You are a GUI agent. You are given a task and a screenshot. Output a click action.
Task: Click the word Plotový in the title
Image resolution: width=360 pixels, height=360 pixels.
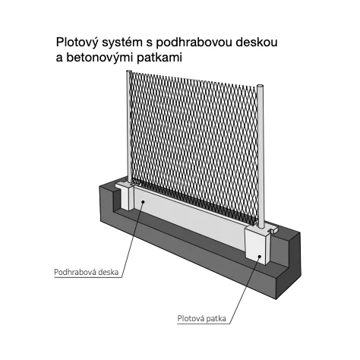pyautogui.click(x=77, y=43)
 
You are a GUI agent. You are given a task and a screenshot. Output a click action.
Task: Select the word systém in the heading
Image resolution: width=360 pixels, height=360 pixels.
pyautogui.click(x=124, y=43)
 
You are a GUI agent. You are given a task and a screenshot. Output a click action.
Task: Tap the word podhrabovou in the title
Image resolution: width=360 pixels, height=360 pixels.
pyautogui.click(x=194, y=42)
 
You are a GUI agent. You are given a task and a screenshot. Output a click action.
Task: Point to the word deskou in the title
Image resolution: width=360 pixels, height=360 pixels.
pyautogui.click(x=257, y=42)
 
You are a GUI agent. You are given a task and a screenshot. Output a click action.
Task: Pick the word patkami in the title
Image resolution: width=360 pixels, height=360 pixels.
pyautogui.click(x=159, y=58)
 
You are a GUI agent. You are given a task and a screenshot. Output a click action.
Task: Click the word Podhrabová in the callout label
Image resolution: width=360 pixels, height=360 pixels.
pyautogui.click(x=75, y=272)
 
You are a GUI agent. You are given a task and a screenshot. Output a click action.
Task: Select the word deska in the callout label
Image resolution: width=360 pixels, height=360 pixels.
pyautogui.click(x=109, y=272)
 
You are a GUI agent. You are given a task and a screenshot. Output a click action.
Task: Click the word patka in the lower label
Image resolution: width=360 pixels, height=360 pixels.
pyautogui.click(x=216, y=318)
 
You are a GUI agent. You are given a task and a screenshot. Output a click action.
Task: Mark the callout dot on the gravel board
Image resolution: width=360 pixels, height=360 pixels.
pyautogui.click(x=143, y=202)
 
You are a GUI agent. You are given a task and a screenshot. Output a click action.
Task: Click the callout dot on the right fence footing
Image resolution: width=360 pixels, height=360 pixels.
pyautogui.click(x=260, y=257)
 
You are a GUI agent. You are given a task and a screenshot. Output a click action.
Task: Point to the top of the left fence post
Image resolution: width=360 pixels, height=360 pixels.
pyautogui.click(x=129, y=71)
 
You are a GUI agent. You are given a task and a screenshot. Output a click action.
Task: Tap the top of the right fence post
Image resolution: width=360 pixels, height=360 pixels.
pyautogui.click(x=261, y=86)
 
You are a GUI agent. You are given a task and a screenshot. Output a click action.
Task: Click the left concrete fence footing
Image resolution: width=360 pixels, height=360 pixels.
pyautogui.click(x=127, y=197)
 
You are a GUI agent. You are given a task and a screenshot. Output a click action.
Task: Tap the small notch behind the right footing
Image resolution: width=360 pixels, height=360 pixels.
pyautogui.click(x=273, y=229)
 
